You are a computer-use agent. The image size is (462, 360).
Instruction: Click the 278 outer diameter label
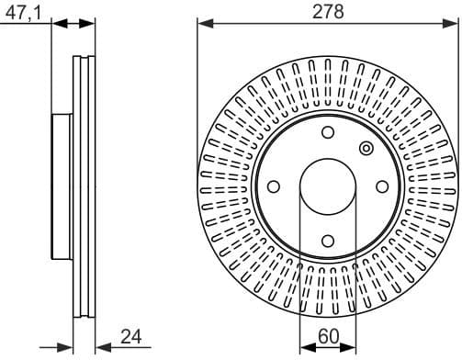(x=328, y=11)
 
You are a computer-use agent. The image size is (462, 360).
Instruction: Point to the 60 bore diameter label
(x=328, y=339)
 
